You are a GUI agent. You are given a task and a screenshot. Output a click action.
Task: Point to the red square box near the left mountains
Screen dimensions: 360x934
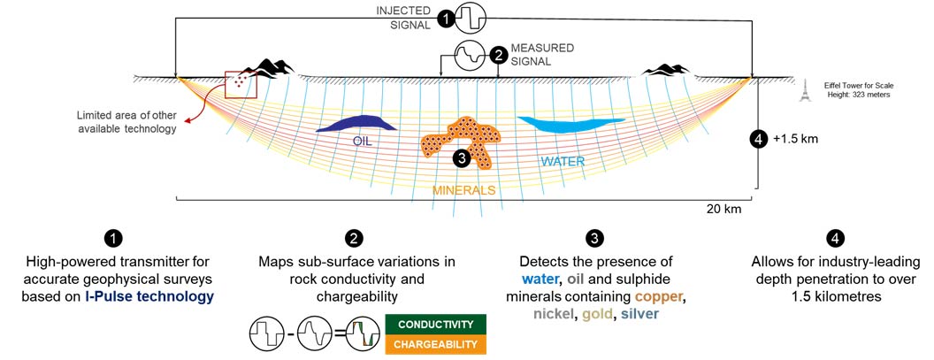[x=241, y=84]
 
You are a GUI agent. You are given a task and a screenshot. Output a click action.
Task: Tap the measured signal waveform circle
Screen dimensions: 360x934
[x=470, y=56]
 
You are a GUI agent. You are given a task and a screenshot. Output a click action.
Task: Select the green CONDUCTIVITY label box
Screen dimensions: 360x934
[x=434, y=325]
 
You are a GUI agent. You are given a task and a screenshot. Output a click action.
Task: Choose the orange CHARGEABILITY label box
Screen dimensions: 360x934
[x=434, y=344]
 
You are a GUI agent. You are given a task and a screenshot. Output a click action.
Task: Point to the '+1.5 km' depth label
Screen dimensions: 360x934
[x=789, y=140]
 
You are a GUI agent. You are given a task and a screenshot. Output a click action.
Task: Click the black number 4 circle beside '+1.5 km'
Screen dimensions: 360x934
[x=758, y=139]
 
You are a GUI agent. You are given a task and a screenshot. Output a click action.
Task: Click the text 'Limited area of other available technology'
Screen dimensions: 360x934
[x=126, y=122]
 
